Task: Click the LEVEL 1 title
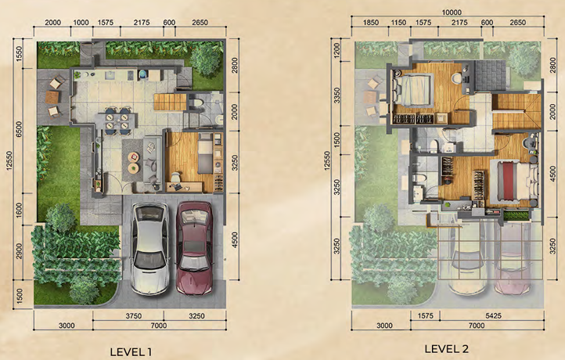tap(131, 351)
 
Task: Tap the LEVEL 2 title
tap(447, 348)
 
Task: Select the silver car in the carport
tap(149, 248)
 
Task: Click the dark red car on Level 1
tap(195, 248)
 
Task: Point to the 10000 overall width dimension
tap(452, 13)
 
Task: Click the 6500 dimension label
tap(19, 129)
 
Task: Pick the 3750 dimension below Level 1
tap(133, 316)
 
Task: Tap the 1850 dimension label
tap(371, 23)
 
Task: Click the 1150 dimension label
tap(398, 23)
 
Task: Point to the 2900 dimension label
tap(19, 250)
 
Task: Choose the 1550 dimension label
tap(19, 53)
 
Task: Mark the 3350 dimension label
tap(337, 95)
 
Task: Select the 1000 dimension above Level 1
tap(81, 23)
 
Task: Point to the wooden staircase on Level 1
tap(170, 102)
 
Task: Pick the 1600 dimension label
tap(19, 210)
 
